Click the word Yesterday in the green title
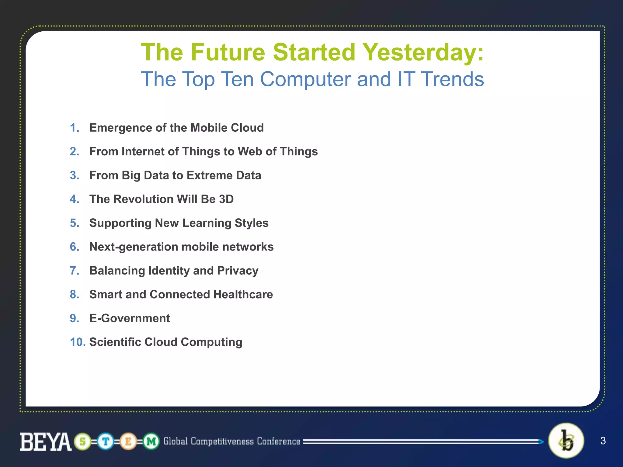pyautogui.click(x=423, y=52)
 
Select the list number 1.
pyautogui.click(x=74, y=128)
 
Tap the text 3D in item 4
pyautogui.click(x=226, y=199)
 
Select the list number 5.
pyautogui.click(x=74, y=223)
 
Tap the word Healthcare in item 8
pyautogui.click(x=243, y=294)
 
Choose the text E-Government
pyautogui.click(x=130, y=318)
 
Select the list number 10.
pyautogui.click(x=78, y=342)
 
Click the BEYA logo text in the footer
pyautogui.click(x=46, y=441)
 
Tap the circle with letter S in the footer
pyautogui.click(x=82, y=441)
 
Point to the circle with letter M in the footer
pyautogui.click(x=151, y=441)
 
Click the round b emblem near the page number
pyautogui.click(x=566, y=441)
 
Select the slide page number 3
pyautogui.click(x=603, y=441)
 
